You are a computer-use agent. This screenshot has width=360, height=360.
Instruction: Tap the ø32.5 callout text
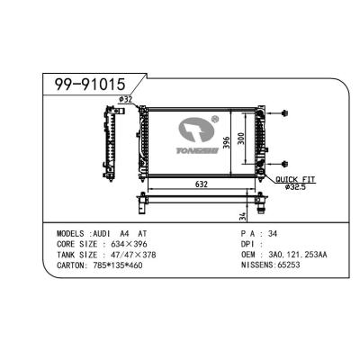(294, 187)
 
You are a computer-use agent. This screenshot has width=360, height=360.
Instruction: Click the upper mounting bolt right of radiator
(283, 114)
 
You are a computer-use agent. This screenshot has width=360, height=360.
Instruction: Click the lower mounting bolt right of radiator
(283, 164)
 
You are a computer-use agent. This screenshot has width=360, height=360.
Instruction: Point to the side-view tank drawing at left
(109, 144)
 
